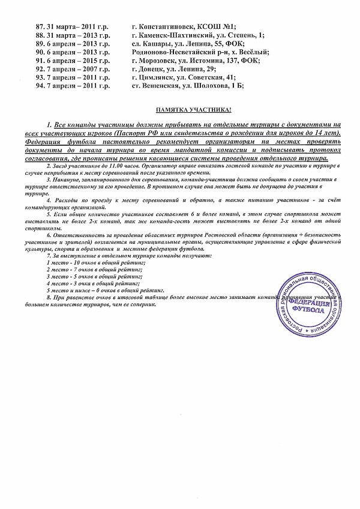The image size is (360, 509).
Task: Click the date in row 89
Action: pyautogui.click(x=80, y=44)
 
